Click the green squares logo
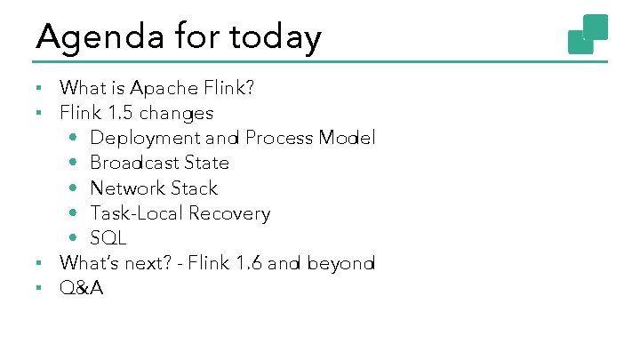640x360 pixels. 588,34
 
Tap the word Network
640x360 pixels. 128,188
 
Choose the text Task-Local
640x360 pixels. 134,213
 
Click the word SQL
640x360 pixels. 108,238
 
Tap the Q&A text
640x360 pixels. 82,288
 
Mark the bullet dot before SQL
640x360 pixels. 72,239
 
